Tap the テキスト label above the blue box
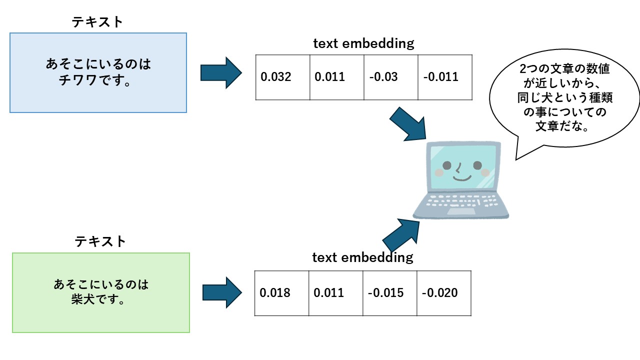coord(97,22)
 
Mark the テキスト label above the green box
coord(100,241)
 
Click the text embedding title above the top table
coord(363,43)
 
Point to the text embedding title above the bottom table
coord(362,257)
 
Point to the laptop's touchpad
coord(461,211)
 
